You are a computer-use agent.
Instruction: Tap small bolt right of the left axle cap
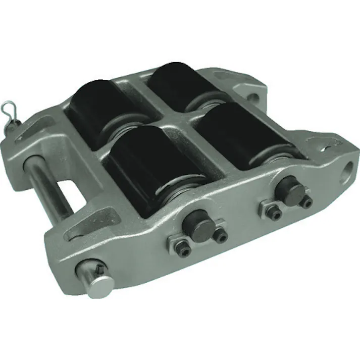click(220, 235)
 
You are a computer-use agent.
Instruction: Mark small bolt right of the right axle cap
click(306, 201)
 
